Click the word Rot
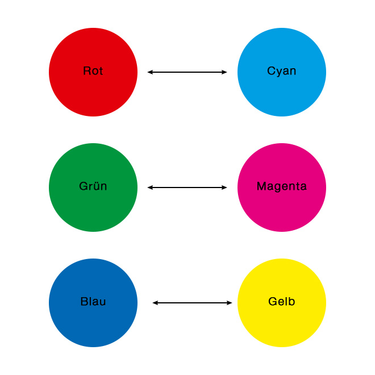tap(93, 71)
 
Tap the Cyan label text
tap(281, 71)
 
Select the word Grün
tap(93, 186)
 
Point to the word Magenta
tap(281, 186)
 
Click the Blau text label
tap(93, 301)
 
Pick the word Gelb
tap(281, 301)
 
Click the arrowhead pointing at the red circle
tap(150, 72)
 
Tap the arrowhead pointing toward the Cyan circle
tap(224, 72)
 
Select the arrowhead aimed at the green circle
tap(150, 188)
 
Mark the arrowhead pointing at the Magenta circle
tap(224, 188)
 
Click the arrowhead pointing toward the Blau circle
tap(155, 303)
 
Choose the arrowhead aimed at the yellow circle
tap(229, 303)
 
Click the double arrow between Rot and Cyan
tap(187, 72)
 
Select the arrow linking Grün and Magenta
tap(187, 188)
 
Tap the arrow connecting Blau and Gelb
tap(192, 303)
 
